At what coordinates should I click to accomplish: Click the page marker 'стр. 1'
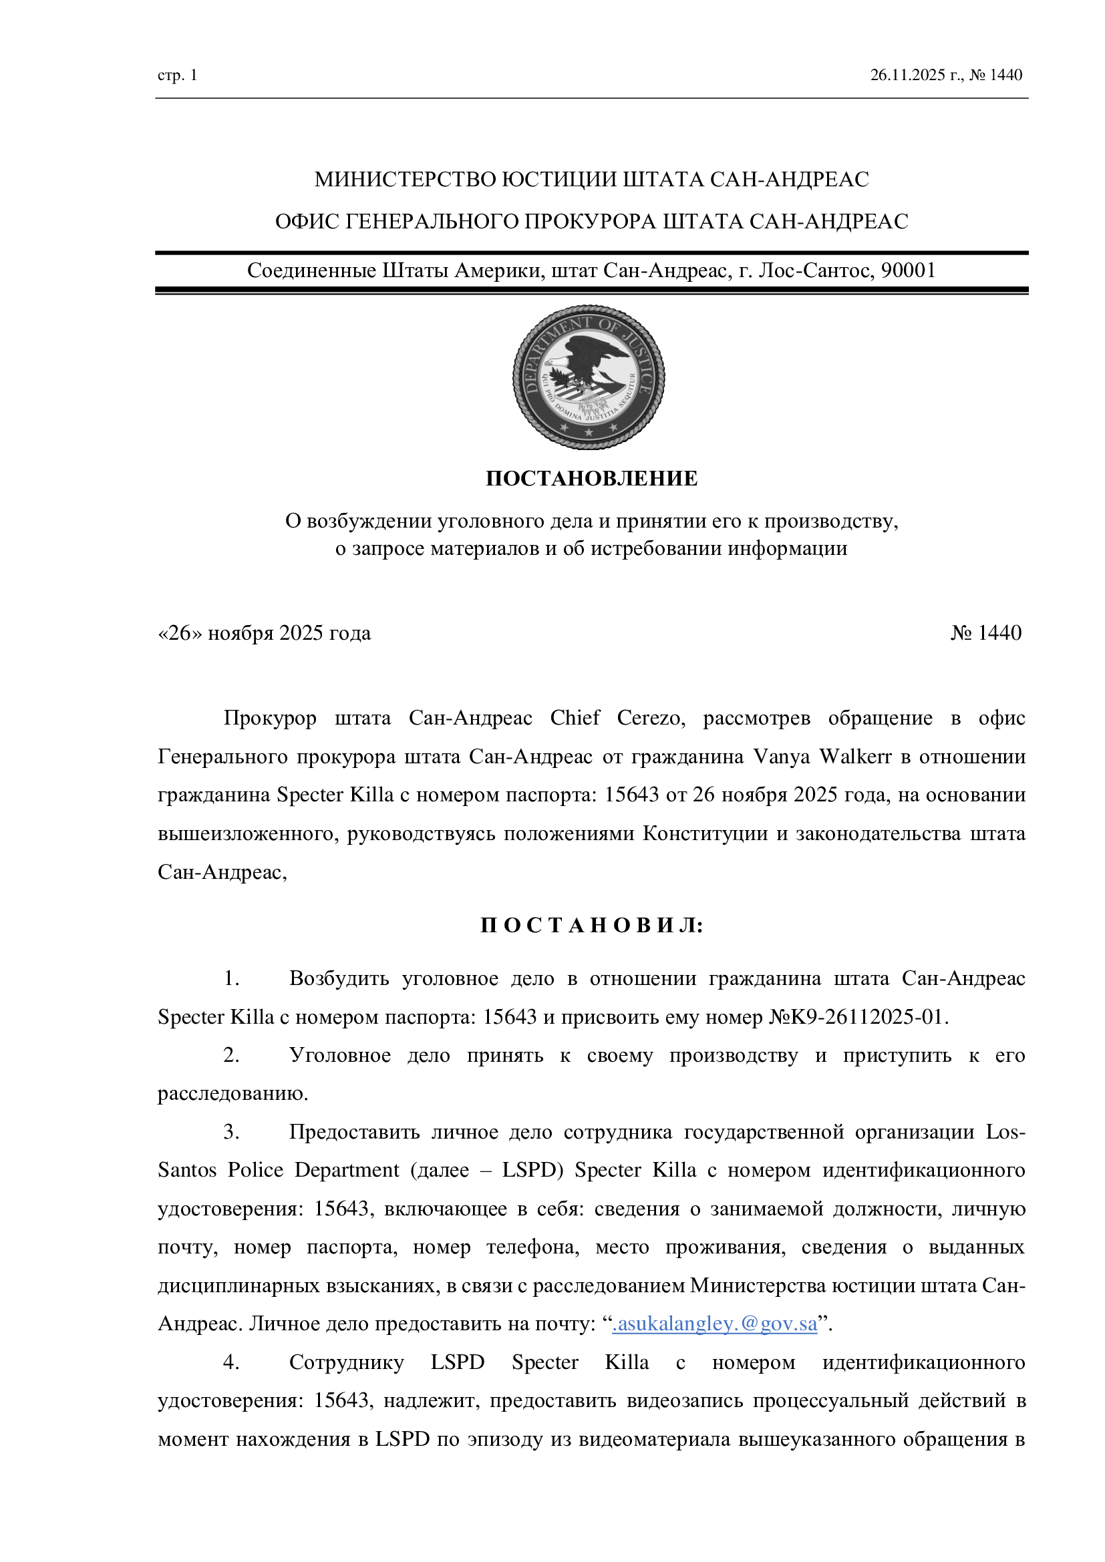click(x=177, y=75)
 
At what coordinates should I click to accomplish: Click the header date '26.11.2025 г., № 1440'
click(x=946, y=75)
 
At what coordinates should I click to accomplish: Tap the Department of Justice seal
click(x=589, y=377)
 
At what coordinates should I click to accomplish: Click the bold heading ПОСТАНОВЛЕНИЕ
click(x=591, y=479)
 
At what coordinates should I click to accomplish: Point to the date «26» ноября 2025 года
click(x=264, y=633)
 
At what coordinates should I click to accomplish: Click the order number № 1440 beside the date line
click(x=986, y=633)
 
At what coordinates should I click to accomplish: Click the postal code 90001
click(x=909, y=270)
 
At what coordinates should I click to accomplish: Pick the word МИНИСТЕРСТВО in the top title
click(x=405, y=180)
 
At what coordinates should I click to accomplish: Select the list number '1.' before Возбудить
click(x=231, y=978)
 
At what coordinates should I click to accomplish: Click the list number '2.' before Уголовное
click(x=231, y=1055)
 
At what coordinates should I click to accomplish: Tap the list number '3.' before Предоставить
click(x=231, y=1132)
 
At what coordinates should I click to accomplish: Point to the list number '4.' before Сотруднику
click(x=231, y=1363)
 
